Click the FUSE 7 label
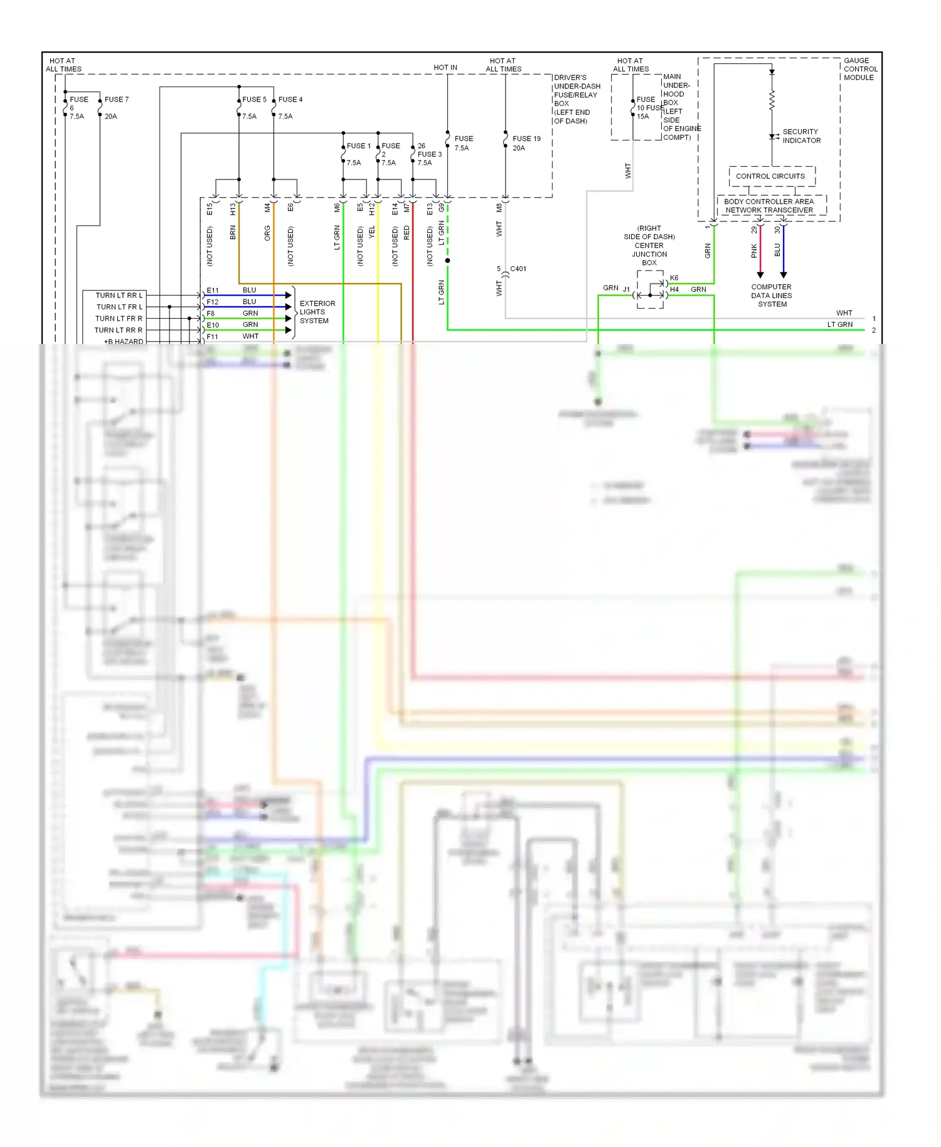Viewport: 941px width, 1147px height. pyautogui.click(x=116, y=99)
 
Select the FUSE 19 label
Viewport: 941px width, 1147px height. pyautogui.click(x=526, y=139)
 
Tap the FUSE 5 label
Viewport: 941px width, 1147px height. pyautogui.click(x=254, y=99)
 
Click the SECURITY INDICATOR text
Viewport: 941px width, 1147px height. pyautogui.click(x=801, y=136)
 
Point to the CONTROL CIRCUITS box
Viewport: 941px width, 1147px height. pyautogui.click(x=770, y=176)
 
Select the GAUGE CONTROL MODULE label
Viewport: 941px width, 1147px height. pyautogui.click(x=860, y=69)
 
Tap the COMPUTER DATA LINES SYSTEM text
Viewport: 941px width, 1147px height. pyautogui.click(x=772, y=296)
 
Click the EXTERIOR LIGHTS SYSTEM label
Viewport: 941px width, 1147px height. pyautogui.click(x=317, y=312)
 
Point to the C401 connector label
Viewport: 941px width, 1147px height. pyautogui.click(x=518, y=269)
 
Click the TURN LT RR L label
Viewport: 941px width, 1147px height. pyautogui.click(x=119, y=295)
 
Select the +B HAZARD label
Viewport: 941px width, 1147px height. pyautogui.click(x=124, y=341)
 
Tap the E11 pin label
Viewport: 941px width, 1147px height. pyautogui.click(x=213, y=291)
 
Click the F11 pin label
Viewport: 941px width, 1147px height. pyautogui.click(x=213, y=337)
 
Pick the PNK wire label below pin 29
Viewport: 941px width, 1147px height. pyautogui.click(x=754, y=251)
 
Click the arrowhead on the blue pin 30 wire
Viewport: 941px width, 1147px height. pyautogui.click(x=783, y=275)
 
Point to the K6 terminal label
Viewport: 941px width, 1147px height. pyautogui.click(x=674, y=278)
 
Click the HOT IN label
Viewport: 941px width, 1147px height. pyautogui.click(x=445, y=67)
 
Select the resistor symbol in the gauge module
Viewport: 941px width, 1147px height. pyautogui.click(x=772, y=99)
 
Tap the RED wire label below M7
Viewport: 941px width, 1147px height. pyautogui.click(x=407, y=233)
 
